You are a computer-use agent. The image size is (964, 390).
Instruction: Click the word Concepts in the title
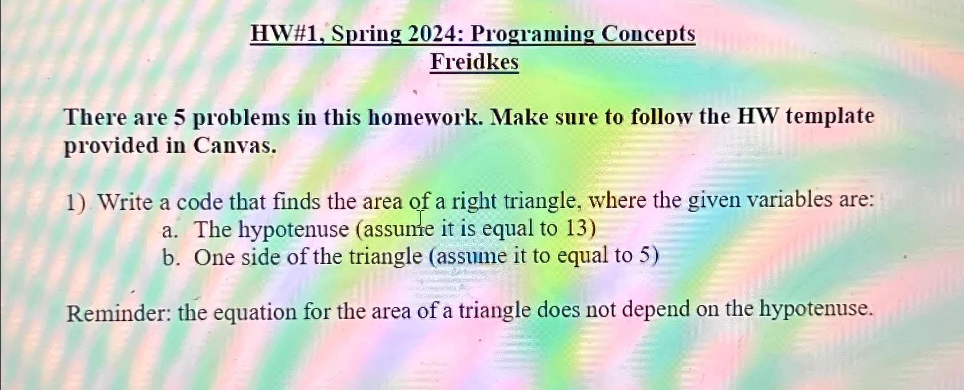pos(648,34)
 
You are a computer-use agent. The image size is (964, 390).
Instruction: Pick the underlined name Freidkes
pos(474,62)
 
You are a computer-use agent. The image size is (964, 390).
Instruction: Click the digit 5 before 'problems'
pos(180,118)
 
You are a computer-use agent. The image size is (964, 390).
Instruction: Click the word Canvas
pos(235,146)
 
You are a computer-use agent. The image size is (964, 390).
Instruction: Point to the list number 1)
pos(76,202)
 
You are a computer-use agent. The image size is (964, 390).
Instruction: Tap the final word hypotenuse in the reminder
pos(816,309)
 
